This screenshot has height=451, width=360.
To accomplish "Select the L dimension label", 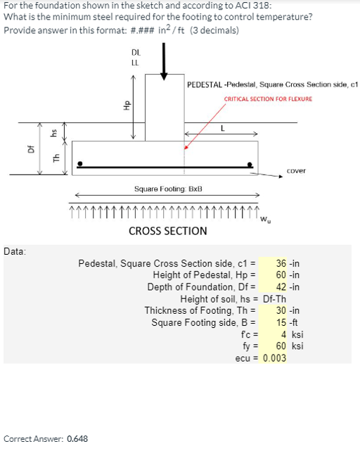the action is point(222,127).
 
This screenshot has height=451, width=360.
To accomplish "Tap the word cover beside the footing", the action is point(296,170).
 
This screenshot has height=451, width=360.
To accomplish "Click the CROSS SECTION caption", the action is point(168,231).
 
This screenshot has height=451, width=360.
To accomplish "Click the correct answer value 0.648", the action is point(77,439).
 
